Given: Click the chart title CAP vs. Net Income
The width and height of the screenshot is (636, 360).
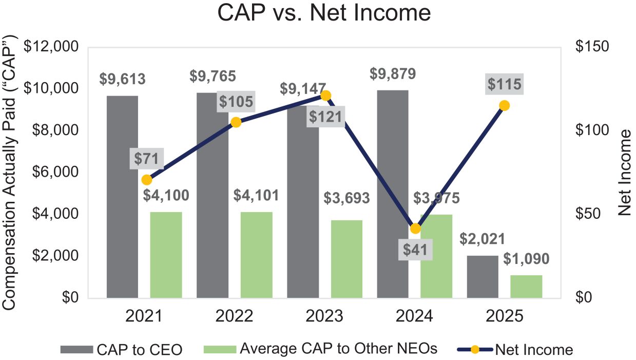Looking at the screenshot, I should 324,14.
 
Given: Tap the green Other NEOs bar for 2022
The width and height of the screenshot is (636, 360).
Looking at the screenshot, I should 256,255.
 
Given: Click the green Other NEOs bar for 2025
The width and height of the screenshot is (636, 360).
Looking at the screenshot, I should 526,286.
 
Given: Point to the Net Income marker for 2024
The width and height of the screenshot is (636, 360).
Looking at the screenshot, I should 415,229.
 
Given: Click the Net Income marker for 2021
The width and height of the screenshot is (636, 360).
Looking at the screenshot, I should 147,180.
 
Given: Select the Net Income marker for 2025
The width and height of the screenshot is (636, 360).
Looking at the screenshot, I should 505,105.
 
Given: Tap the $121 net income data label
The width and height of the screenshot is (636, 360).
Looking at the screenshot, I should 325,117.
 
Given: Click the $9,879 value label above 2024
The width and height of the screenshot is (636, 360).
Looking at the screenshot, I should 393,73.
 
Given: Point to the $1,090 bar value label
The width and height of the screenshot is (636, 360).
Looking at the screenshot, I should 526,258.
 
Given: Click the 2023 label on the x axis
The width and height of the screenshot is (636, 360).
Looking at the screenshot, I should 325,316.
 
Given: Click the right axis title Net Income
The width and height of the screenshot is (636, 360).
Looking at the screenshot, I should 624,172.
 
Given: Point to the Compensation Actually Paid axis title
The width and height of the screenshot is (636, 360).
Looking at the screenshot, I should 11,172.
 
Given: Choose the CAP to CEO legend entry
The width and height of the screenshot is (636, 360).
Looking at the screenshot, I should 121,350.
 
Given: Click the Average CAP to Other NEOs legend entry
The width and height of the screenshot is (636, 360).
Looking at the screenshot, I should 321,349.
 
